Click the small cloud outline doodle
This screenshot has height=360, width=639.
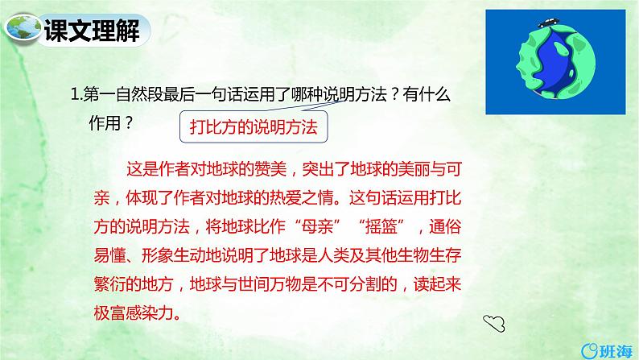pos(493,323)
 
